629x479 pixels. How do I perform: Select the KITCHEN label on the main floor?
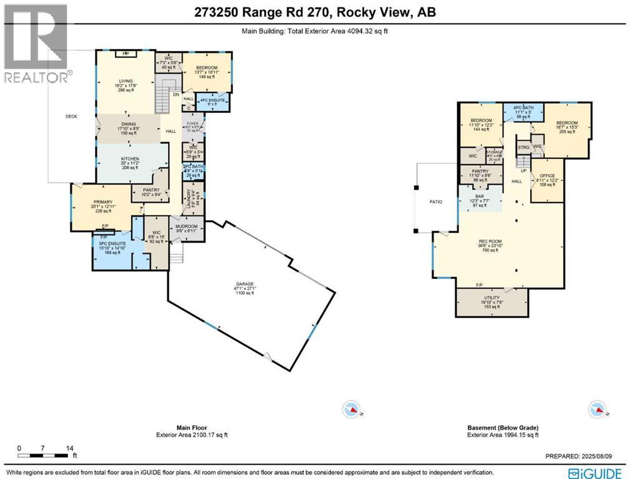[x=131, y=158]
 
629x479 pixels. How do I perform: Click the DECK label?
[x=71, y=117]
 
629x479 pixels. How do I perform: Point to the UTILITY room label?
[x=487, y=298]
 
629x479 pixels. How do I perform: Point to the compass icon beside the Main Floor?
[x=352, y=409]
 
